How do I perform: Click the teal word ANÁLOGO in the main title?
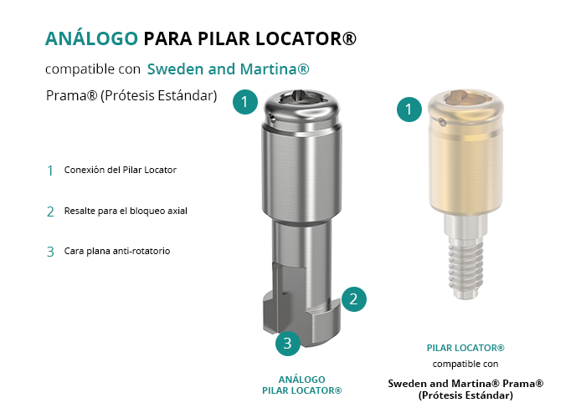click(91, 38)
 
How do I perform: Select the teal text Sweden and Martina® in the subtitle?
click(228, 69)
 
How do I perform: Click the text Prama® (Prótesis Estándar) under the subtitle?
click(131, 95)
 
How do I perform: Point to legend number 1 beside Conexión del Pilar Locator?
click(50, 171)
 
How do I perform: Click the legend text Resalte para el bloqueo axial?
click(126, 211)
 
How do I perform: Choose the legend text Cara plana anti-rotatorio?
click(117, 251)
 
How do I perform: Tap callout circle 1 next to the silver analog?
click(245, 101)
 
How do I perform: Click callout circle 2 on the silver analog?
click(353, 299)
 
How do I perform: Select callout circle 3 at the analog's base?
click(288, 343)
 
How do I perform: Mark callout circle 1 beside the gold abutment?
click(409, 109)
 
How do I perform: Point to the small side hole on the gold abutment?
click(442, 121)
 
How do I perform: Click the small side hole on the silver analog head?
click(273, 119)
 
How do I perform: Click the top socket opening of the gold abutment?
click(466, 97)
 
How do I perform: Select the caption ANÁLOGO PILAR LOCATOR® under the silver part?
click(302, 385)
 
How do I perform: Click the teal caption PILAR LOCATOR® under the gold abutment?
click(465, 348)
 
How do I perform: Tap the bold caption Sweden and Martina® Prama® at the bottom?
click(465, 383)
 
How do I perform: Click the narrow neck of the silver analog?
click(301, 241)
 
